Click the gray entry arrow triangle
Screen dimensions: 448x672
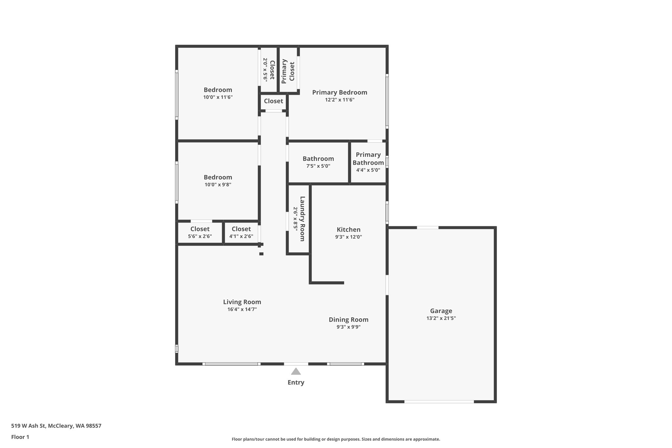click(x=296, y=372)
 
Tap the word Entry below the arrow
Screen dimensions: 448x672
click(x=296, y=382)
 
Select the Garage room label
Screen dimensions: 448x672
click(x=441, y=311)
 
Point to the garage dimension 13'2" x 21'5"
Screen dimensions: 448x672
click(x=441, y=318)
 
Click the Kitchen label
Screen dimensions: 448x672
click(x=348, y=229)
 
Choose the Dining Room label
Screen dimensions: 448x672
click(x=348, y=319)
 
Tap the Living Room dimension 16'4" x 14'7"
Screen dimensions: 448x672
click(x=242, y=309)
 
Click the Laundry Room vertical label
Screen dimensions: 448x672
click(x=302, y=219)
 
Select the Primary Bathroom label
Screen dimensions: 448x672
click(x=368, y=159)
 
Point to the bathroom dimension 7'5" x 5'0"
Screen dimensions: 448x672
click(x=318, y=166)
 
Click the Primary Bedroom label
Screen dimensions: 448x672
click(x=340, y=92)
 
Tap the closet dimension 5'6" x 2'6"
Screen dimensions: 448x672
click(x=200, y=236)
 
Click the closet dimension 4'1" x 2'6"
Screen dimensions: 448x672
click(x=241, y=236)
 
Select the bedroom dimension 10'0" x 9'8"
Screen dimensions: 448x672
click(x=218, y=184)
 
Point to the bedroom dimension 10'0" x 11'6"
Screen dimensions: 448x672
click(x=218, y=97)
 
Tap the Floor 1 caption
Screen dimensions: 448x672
click(x=20, y=437)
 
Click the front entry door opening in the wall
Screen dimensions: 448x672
click(x=296, y=364)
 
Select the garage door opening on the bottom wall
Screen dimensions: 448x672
click(x=439, y=401)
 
